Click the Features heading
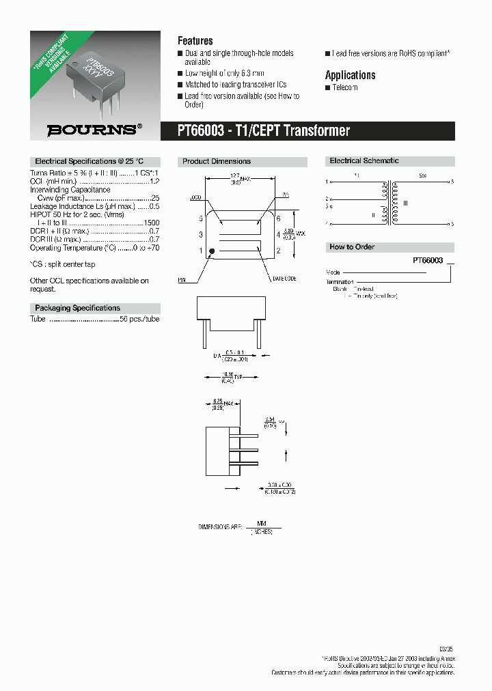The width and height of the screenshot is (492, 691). (x=195, y=41)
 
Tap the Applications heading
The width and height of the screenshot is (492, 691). (x=350, y=75)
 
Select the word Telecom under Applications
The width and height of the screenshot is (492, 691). (x=344, y=87)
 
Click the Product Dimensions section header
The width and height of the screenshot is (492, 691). (x=216, y=162)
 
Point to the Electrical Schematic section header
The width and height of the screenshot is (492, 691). (x=364, y=161)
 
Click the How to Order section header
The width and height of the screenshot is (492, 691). (x=352, y=247)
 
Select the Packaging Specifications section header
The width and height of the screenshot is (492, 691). (x=77, y=309)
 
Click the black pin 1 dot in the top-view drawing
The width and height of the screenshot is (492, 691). (x=213, y=251)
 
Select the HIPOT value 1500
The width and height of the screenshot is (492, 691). (x=151, y=223)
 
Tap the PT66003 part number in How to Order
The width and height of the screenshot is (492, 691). (x=428, y=261)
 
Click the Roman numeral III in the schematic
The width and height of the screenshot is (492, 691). (x=405, y=203)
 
